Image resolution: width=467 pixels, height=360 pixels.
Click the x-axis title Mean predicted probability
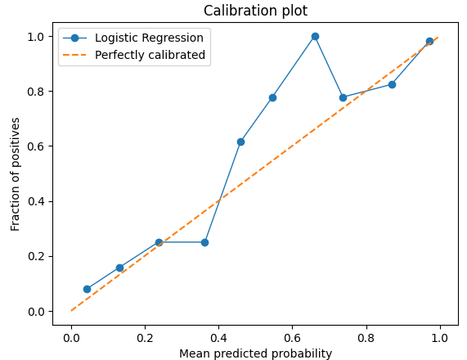[256, 353]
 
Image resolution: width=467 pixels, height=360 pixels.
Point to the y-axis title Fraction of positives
[16, 173]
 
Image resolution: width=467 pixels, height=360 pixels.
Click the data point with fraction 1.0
[315, 36]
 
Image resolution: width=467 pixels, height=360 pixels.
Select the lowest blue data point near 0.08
[87, 289]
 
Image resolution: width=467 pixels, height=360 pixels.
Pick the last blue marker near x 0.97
[429, 41]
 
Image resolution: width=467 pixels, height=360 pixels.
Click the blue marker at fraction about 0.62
[240, 142]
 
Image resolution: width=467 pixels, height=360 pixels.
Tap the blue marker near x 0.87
[392, 84]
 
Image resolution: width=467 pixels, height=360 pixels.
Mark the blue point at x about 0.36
[204, 242]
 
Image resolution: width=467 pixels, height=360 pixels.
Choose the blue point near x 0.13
[119, 268]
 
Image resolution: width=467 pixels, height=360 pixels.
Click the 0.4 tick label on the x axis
[219, 335]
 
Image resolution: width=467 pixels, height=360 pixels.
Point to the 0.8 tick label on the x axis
[366, 335]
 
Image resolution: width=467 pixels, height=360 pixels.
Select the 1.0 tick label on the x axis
[440, 335]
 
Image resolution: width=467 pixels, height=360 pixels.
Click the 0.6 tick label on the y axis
[37, 146]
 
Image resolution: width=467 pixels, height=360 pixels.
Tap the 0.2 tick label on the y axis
[37, 256]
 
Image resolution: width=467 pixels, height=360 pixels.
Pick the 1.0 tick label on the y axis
[37, 37]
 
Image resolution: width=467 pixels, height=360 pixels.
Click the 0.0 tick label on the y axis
[37, 311]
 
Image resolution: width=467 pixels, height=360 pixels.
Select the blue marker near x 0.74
[343, 97]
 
